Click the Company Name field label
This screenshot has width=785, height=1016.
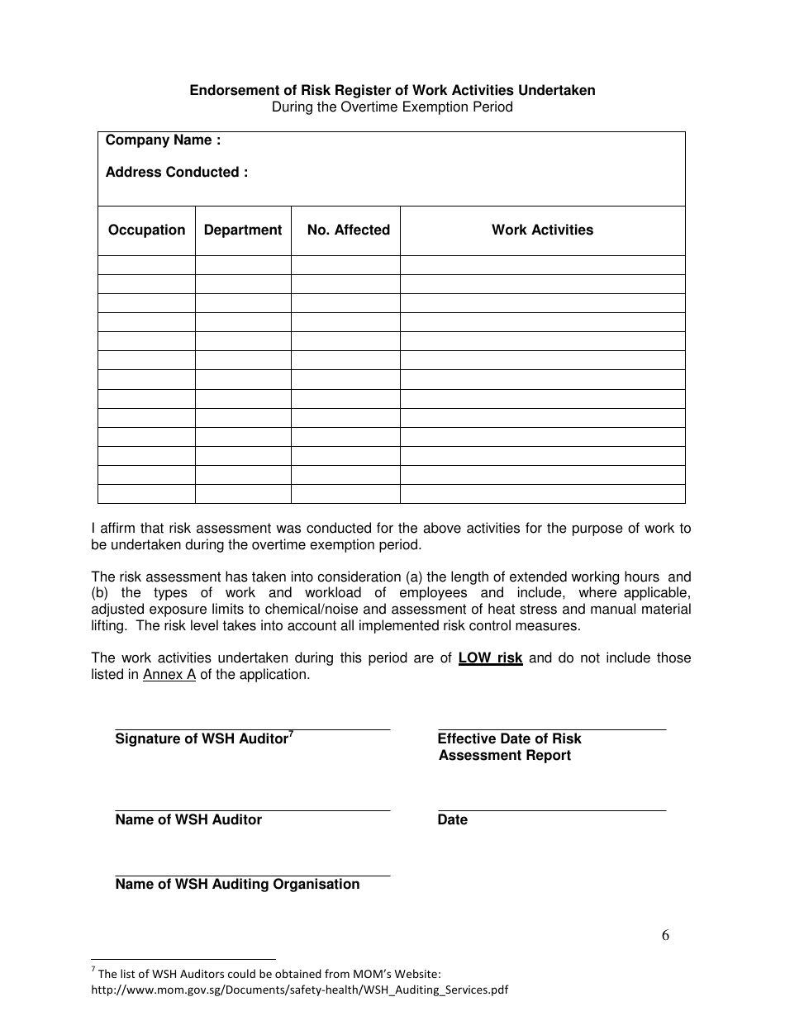[x=163, y=140]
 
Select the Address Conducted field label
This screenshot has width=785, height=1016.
[x=176, y=173]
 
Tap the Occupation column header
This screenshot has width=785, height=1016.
[x=146, y=230]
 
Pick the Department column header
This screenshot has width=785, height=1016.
[x=243, y=230]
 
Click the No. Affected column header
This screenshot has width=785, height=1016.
[x=348, y=230]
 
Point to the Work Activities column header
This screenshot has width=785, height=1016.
[x=542, y=230]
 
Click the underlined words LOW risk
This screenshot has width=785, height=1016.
[x=490, y=658]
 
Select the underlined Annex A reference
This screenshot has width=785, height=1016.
[x=169, y=675]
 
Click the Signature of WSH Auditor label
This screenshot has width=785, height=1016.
[x=201, y=739]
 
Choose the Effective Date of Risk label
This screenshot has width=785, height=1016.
[x=509, y=739]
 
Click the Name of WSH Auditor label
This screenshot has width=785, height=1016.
[x=188, y=820]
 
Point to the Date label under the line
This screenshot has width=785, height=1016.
[x=452, y=820]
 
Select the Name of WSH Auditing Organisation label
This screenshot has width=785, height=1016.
[x=237, y=885]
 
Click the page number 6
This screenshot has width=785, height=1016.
[x=665, y=936]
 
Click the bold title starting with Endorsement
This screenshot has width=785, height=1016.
[x=392, y=91]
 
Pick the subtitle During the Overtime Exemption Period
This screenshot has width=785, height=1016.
[x=392, y=107]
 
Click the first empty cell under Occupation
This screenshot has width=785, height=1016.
[x=146, y=265]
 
